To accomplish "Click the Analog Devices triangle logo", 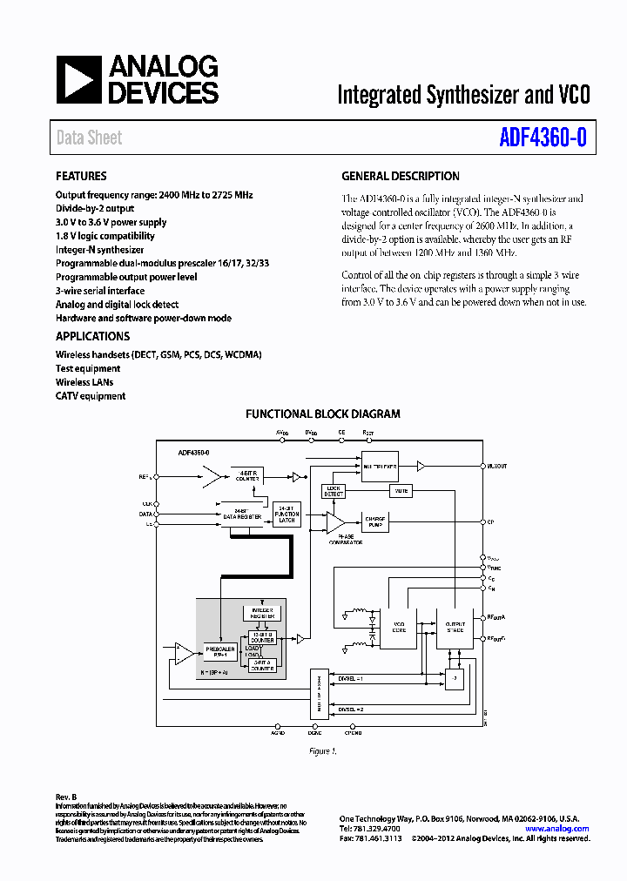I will [78, 79].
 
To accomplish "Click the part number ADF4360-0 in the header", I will [543, 138].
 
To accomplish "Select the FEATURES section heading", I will [81, 176].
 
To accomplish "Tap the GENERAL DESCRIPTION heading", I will [400, 176].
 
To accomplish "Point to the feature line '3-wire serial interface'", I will [100, 291].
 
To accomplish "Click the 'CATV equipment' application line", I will [91, 396].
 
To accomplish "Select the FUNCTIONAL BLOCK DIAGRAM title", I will [322, 414].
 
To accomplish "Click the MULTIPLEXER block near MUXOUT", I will [380, 467].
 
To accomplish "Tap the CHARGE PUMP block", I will [375, 521].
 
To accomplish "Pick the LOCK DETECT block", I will [333, 492].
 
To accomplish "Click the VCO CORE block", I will [400, 627].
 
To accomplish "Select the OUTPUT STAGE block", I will [455, 627].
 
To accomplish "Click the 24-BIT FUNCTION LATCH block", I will [287, 514].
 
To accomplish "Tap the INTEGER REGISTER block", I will [262, 613].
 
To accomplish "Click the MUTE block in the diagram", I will [401, 492].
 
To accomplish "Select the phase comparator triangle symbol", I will [334, 521].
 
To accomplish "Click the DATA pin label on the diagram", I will [145, 514].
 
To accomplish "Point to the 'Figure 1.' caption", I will [322, 750].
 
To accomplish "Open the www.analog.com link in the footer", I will [558, 829].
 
